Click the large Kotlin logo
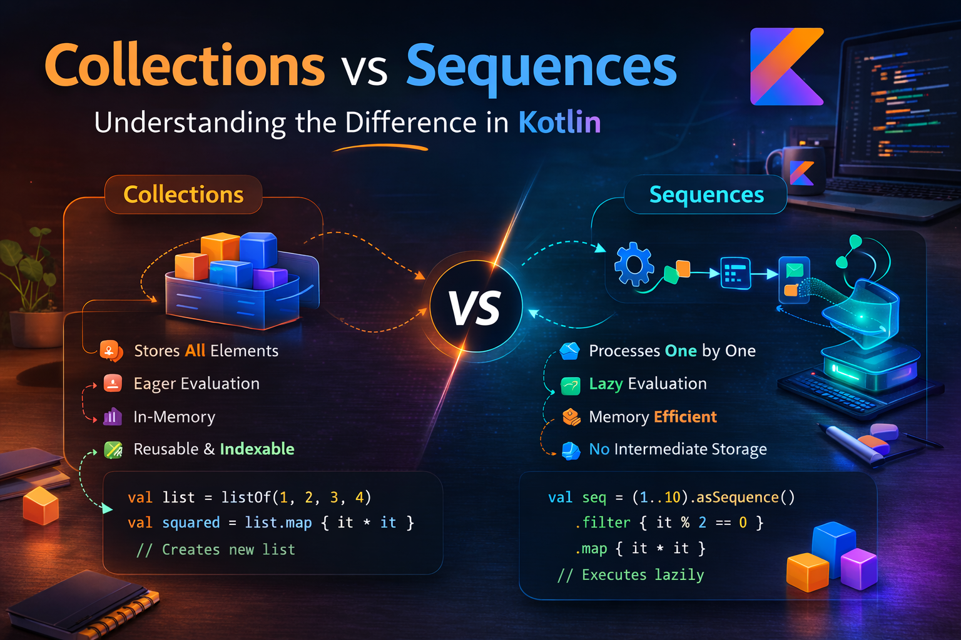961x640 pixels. click(786, 67)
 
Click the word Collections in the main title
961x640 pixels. click(185, 66)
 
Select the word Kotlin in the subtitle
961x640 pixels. click(559, 122)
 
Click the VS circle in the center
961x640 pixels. click(475, 307)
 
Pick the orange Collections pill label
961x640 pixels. click(183, 195)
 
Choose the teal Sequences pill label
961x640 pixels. click(706, 195)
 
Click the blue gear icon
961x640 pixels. click(634, 265)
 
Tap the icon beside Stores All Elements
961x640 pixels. click(111, 351)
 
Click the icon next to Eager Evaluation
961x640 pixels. click(113, 383)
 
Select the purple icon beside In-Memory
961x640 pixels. click(112, 416)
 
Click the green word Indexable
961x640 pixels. click(257, 449)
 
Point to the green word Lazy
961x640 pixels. click(606, 384)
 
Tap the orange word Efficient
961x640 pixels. click(685, 417)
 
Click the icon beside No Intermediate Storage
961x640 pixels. click(571, 450)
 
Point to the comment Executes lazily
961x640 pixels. click(631, 575)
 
